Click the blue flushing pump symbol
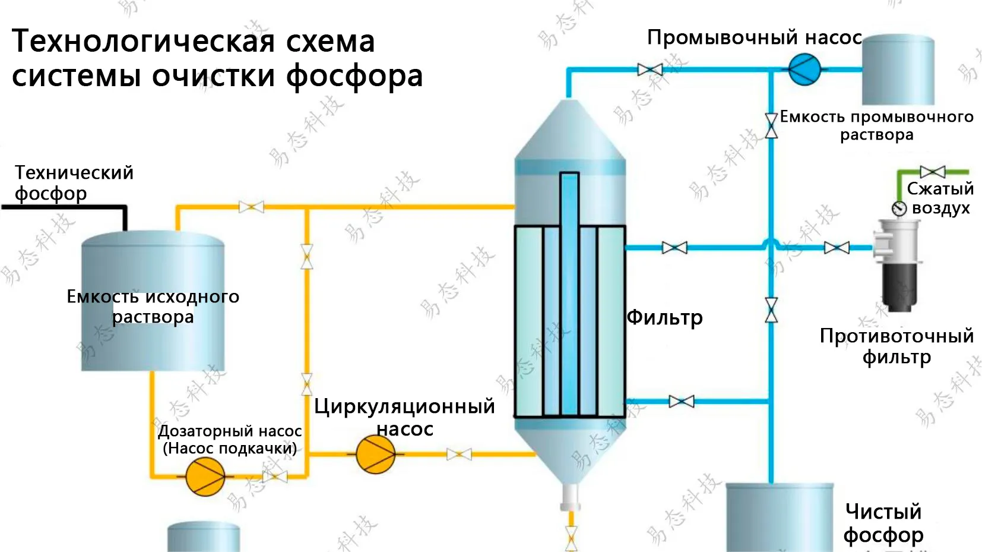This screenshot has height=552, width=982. point(804,70)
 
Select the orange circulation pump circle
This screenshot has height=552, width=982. point(375,454)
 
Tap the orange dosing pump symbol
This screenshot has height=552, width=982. point(205,477)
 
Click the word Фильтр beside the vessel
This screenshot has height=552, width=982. point(665,317)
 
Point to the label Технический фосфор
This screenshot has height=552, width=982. point(74,182)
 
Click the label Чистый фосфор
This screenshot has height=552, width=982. point(883,523)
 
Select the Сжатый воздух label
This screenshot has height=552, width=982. point(940,198)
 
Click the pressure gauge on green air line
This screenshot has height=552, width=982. point(899,209)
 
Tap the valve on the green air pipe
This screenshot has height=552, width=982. point(933,172)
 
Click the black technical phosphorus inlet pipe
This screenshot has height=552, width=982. point(65,207)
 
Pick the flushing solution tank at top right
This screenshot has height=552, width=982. point(898,70)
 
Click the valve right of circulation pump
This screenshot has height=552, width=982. point(459,455)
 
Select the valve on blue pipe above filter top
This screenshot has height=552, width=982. point(650,70)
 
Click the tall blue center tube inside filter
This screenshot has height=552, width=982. point(569,291)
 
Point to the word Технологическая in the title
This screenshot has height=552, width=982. point(143,42)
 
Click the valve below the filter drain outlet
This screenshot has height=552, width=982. point(571,538)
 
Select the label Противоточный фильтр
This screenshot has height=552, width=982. point(897,346)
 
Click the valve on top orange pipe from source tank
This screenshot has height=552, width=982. point(251,207)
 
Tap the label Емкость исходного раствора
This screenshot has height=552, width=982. point(153,306)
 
